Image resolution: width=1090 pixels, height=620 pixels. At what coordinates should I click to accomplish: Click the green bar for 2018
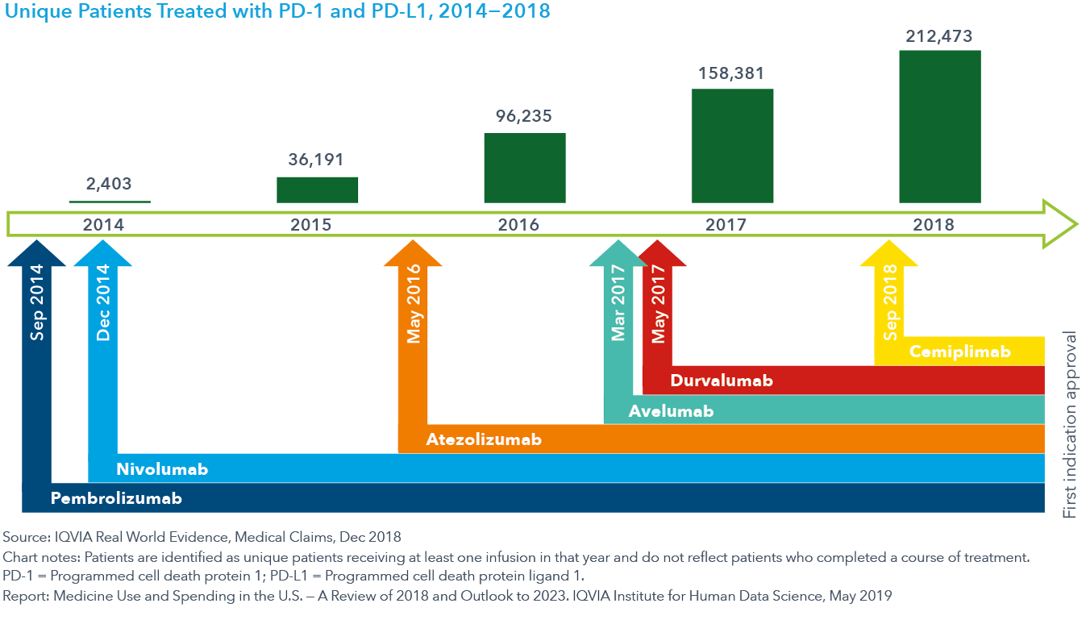coord(939,127)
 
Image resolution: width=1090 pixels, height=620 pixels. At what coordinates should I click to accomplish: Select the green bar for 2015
coord(317,189)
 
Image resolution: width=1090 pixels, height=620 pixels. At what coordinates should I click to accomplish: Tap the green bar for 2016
coord(524,168)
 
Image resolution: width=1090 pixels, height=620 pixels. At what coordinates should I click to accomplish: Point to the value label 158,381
coord(732,74)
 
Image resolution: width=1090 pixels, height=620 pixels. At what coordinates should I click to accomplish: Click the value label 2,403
coord(109,185)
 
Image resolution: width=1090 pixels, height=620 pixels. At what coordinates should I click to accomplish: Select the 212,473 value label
coord(939,36)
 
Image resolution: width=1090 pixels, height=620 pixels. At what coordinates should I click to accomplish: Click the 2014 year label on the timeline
coord(103,225)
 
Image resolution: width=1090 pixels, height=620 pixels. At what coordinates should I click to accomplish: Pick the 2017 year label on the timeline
coord(726,225)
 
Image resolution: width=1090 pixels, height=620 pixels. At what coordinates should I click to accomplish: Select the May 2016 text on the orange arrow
coord(414,314)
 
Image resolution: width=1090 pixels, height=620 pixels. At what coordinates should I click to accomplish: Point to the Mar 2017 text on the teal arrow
coord(618,310)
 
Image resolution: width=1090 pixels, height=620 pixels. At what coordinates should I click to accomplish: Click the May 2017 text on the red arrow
coord(659,314)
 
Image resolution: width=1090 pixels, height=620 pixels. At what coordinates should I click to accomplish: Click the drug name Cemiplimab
coord(959,352)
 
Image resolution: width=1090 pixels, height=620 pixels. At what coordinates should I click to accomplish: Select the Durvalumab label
coord(722,381)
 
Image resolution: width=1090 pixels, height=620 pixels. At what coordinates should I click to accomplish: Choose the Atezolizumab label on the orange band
coord(484,439)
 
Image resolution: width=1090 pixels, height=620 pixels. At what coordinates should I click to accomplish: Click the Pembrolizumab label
coord(116,498)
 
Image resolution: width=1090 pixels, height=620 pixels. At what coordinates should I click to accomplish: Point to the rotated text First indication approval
coord(1070,424)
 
